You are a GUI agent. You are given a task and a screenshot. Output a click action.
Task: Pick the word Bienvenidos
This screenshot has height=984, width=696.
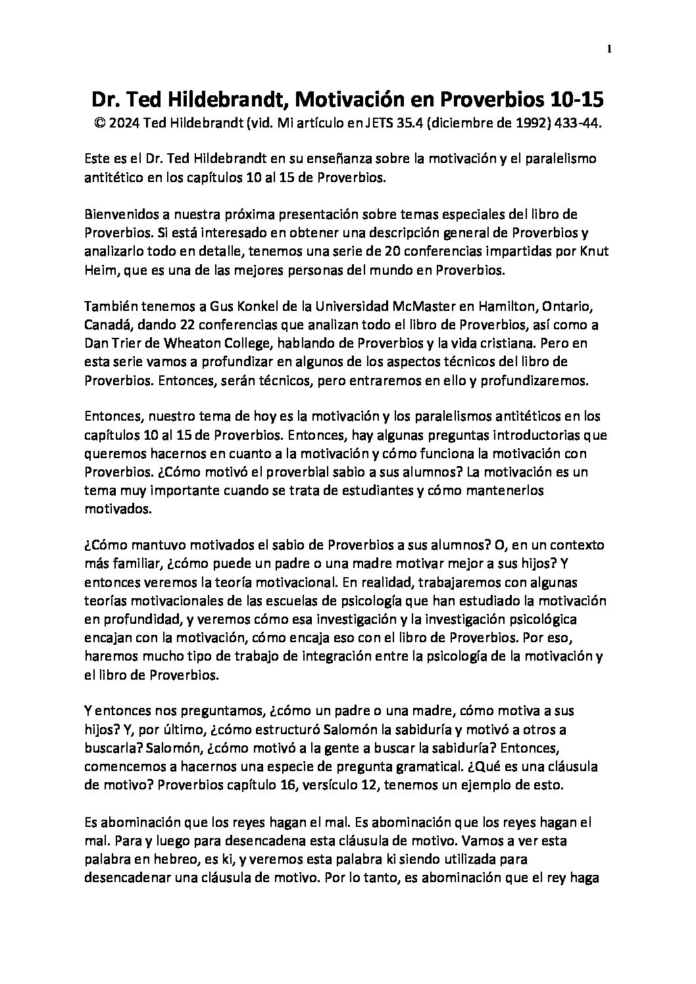pos(117,215)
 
